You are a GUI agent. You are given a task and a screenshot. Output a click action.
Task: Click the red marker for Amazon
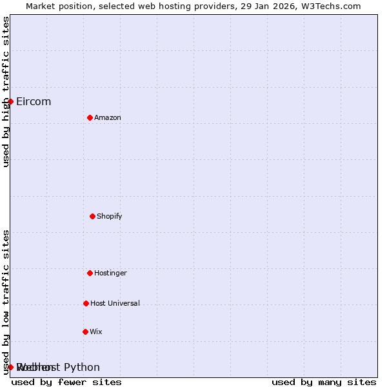[90, 117]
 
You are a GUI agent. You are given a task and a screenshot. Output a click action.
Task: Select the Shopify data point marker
[92, 216]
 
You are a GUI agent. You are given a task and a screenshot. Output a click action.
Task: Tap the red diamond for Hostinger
[90, 273]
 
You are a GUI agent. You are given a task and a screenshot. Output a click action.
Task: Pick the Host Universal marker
[86, 303]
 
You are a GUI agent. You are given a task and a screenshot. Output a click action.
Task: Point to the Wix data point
[85, 332]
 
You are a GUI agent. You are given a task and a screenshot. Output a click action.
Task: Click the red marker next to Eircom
[10, 101]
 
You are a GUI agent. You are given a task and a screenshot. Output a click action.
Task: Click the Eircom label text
[34, 101]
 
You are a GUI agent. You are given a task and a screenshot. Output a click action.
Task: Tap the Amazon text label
[108, 117]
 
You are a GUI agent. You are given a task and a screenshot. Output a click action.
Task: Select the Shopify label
[110, 216]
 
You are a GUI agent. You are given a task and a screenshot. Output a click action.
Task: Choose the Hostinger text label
[111, 273]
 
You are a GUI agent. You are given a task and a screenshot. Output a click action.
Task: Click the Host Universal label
[115, 303]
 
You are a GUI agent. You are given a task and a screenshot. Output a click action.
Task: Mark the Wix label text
[96, 332]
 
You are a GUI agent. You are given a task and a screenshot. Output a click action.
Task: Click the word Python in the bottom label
[82, 368]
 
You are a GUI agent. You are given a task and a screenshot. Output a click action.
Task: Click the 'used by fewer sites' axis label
[66, 382]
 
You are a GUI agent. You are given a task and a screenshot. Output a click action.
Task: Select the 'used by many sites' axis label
[324, 382]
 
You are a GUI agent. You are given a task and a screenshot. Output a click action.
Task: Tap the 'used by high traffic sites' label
[6, 92]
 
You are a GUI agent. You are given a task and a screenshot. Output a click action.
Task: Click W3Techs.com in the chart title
[328, 6]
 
